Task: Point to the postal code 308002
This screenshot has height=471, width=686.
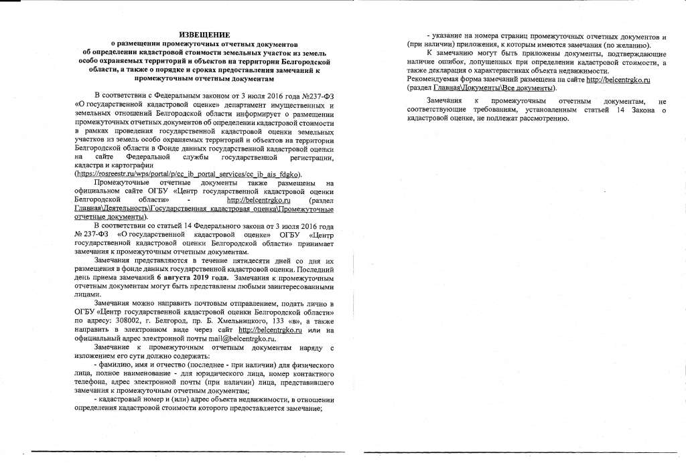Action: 127,320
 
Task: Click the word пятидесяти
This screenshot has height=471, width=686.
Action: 246,260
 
